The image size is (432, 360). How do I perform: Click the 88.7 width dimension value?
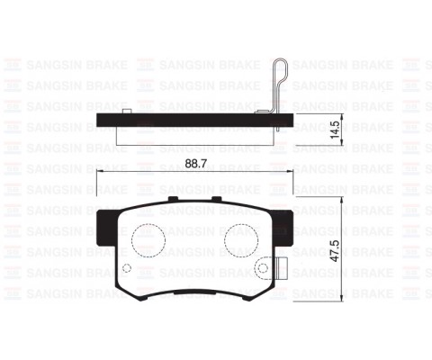point(193,165)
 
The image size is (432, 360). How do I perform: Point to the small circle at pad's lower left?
point(127,270)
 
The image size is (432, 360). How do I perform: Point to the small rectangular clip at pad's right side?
point(281,267)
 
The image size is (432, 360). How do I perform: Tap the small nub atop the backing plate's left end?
point(129,111)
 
